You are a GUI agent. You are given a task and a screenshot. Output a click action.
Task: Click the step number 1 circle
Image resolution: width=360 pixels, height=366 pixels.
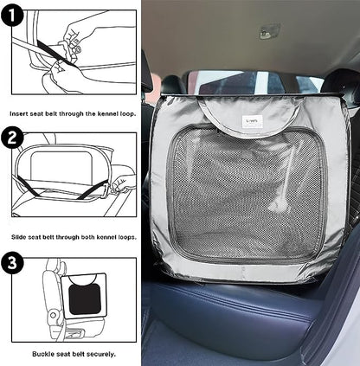(x=12, y=16)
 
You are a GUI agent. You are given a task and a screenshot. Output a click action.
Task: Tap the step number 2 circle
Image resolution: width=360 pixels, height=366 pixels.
(x=12, y=138)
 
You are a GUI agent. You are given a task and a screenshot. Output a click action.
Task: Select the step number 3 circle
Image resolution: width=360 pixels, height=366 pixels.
(x=12, y=262)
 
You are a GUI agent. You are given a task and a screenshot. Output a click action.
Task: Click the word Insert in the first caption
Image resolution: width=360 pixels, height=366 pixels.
(x=17, y=113)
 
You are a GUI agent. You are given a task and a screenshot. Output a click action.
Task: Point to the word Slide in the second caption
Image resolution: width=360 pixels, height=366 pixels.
(x=19, y=237)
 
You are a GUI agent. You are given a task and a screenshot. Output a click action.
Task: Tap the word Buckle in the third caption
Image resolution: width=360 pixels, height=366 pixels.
(x=42, y=354)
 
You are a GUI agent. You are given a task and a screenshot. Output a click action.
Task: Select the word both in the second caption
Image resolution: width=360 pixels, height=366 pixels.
(x=88, y=237)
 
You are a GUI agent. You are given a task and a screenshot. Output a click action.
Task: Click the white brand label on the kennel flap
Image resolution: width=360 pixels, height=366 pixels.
(x=252, y=121)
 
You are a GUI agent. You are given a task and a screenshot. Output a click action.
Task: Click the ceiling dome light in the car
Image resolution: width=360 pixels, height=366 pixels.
(x=270, y=31)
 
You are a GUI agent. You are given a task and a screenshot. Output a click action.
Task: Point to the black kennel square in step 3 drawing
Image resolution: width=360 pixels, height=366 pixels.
(x=85, y=300)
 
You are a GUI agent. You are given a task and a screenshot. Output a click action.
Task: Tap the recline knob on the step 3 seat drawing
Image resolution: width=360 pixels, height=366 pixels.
(x=53, y=315)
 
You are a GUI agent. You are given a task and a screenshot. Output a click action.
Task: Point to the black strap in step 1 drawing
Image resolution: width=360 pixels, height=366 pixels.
(x=57, y=53)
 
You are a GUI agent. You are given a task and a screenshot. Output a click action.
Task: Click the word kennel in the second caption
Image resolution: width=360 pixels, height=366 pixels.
(x=106, y=237)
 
